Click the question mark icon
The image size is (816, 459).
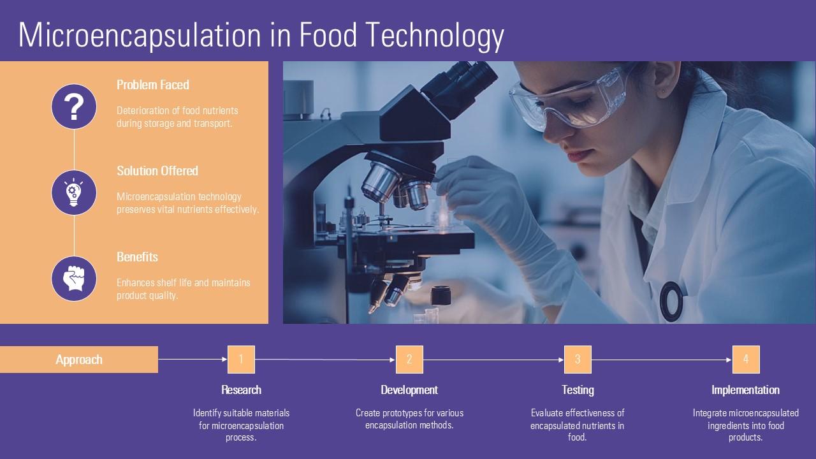pos(74,106)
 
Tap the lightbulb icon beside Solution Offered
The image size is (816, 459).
pos(74,193)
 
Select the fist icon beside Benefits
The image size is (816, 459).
pos(74,279)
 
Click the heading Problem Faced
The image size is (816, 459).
pos(152,85)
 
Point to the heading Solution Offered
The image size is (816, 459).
pos(157,171)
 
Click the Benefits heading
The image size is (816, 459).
pos(137,257)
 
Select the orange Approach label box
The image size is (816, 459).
pos(79,360)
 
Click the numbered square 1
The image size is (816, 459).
pos(241,360)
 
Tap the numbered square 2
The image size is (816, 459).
pos(409,360)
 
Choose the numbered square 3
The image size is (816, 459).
pos(578,360)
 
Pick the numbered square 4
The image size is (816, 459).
pos(746,360)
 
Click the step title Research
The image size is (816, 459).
pos(241,390)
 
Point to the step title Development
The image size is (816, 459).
pos(409,390)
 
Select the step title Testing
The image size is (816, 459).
pos(578,390)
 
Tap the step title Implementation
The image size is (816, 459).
pos(745,390)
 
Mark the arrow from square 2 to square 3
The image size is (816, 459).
pos(493,360)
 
